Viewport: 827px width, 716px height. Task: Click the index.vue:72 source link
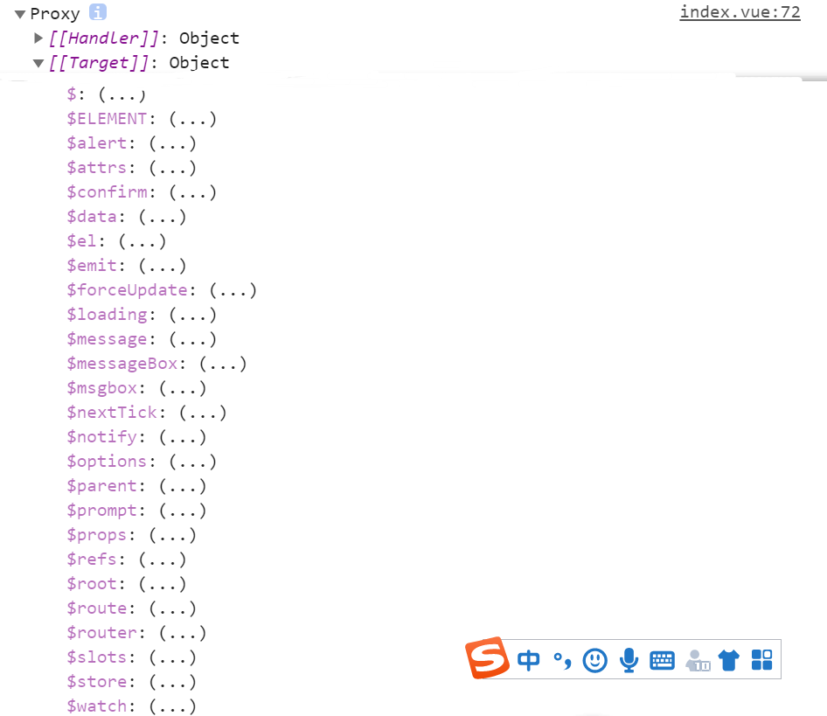point(740,13)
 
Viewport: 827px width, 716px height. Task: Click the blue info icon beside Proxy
point(98,13)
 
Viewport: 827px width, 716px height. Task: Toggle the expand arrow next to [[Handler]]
point(38,38)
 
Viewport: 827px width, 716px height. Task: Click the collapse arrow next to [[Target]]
point(38,63)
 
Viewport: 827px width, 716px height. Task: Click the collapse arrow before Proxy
point(20,14)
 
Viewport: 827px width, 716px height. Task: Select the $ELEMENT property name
point(107,119)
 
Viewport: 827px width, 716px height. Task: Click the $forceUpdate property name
point(127,290)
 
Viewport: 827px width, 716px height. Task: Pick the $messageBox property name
point(122,364)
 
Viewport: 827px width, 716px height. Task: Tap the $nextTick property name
point(112,413)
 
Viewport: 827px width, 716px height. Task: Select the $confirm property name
point(107,192)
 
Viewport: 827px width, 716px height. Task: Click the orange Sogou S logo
point(487,658)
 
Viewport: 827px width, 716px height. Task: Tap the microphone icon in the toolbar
point(629,660)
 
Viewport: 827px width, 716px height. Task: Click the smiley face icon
point(595,660)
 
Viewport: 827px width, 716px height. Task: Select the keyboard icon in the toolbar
point(662,660)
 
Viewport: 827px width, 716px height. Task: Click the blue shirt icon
point(729,660)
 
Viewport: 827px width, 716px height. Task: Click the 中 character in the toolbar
point(529,660)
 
